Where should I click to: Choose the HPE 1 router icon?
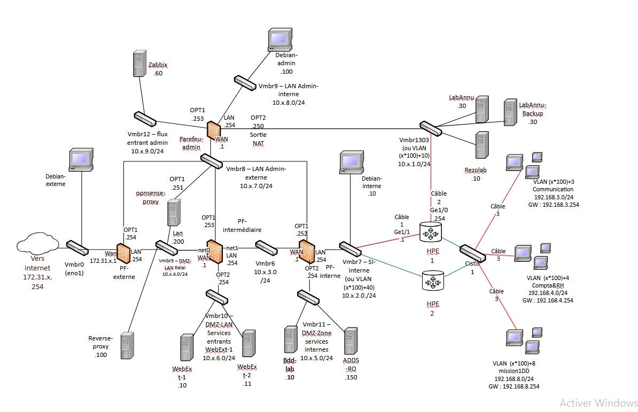(432, 232)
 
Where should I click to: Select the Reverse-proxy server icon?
(127, 345)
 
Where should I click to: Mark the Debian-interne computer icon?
(351, 162)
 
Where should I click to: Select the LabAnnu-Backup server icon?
(510, 112)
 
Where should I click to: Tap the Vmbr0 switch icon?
(77, 247)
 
